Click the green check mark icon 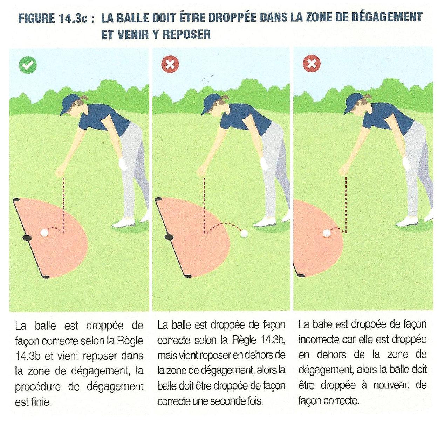[28, 65]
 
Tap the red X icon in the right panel [311, 64]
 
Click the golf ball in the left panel [44, 233]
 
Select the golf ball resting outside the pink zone [244, 234]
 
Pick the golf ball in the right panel [327, 233]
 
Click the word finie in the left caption [41, 402]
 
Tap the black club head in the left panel [27, 238]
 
